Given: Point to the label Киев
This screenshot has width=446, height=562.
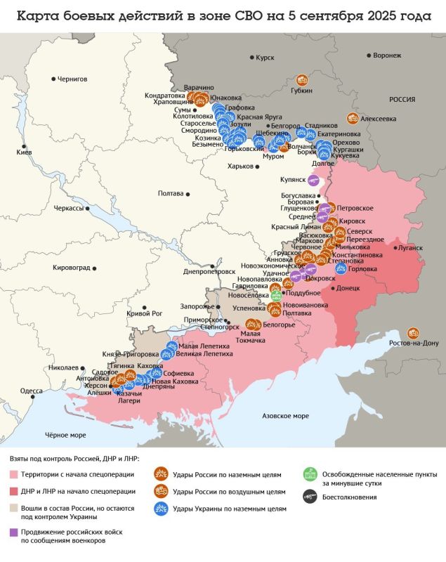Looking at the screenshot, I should [23, 152].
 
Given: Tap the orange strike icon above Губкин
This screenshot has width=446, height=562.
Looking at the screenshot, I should [302, 80].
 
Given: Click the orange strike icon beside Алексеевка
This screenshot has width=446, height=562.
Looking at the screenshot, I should [353, 119].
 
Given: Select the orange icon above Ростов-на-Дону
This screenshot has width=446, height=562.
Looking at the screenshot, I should [413, 332].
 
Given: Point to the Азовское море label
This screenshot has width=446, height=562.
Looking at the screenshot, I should [285, 416].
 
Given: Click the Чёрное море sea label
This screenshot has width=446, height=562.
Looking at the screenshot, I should [65, 435].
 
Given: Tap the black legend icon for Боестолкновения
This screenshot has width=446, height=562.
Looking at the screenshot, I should [307, 496].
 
